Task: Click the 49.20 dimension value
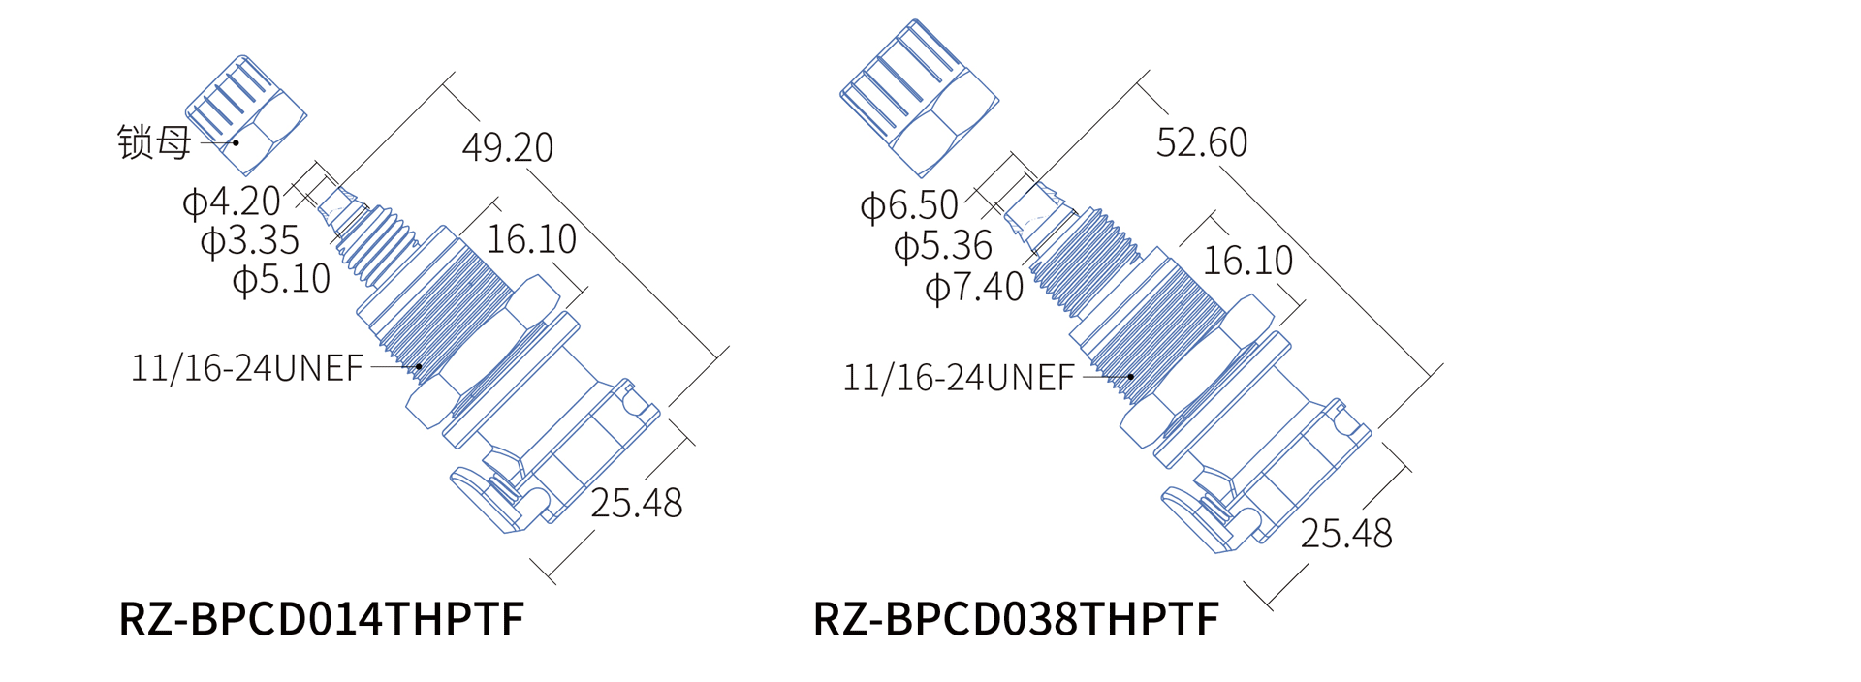tap(508, 147)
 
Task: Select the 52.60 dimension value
tap(1202, 142)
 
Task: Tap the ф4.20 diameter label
tap(232, 201)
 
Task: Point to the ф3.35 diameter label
tap(250, 240)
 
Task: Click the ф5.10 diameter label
tap(282, 279)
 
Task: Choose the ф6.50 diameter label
tap(909, 205)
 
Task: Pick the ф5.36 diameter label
tap(943, 246)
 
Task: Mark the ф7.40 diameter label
tap(974, 287)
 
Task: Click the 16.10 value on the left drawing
tap(531, 239)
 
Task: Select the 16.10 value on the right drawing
tap(1248, 261)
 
